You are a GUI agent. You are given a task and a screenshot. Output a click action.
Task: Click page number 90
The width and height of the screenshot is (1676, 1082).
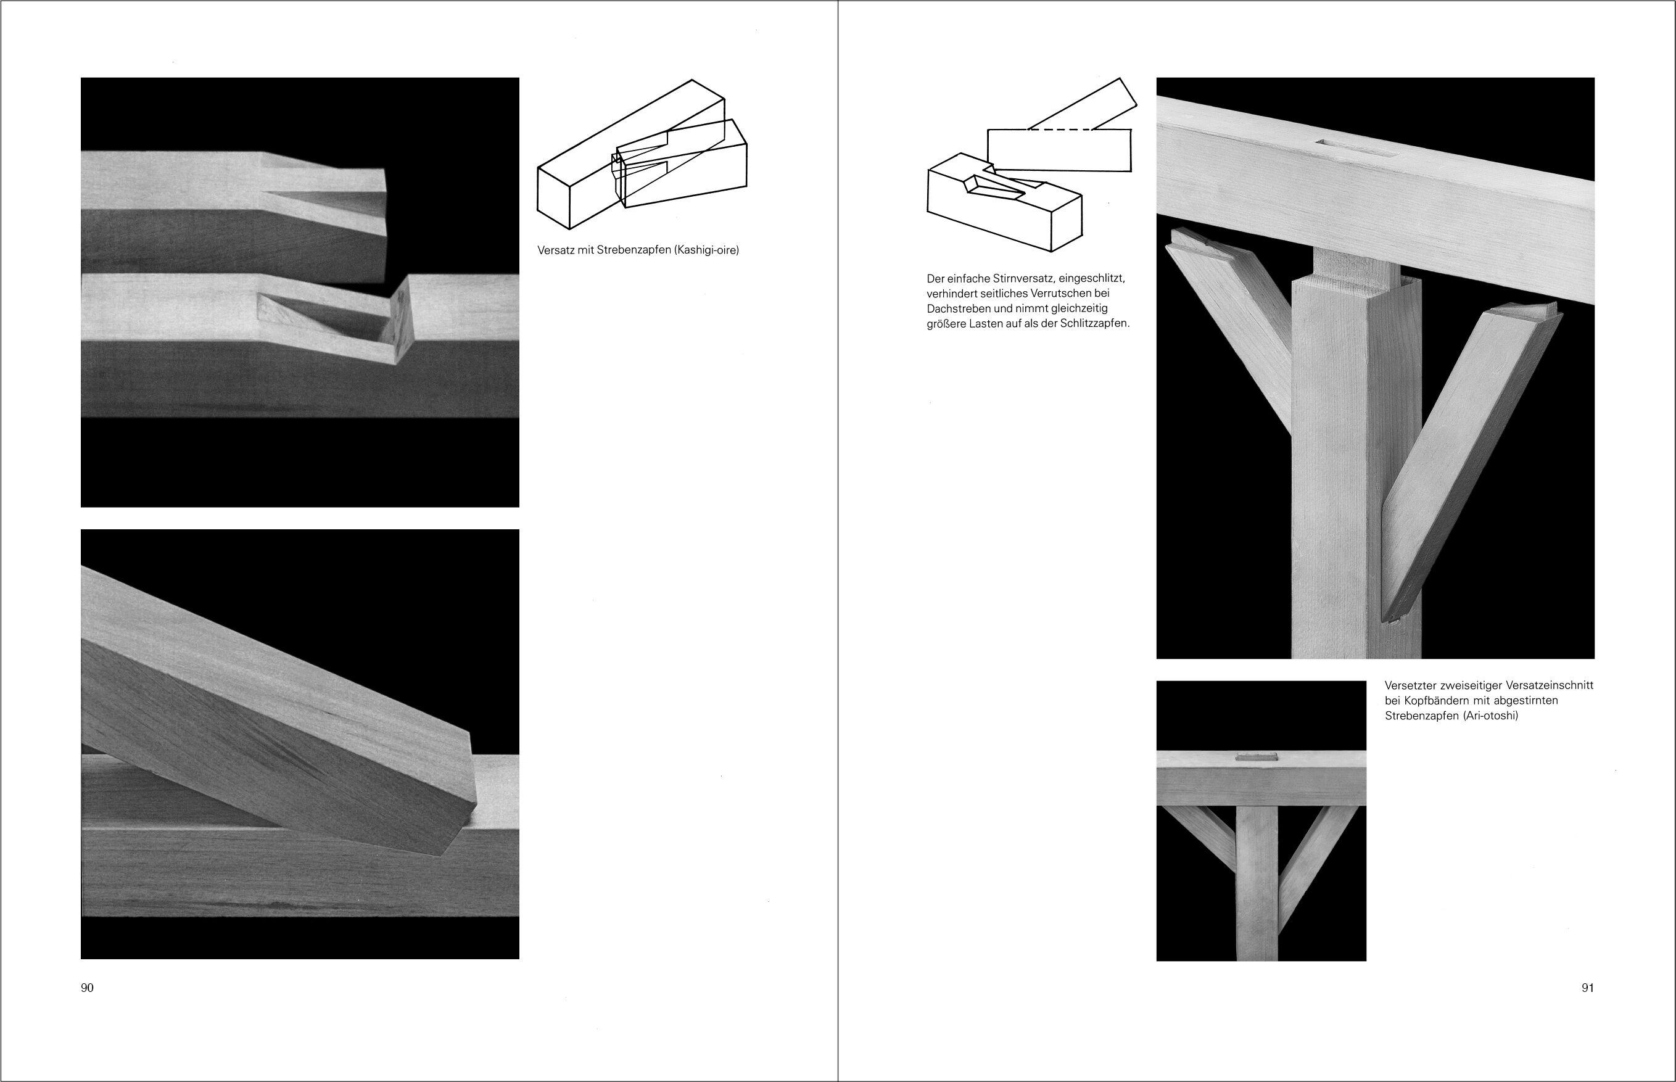(x=87, y=987)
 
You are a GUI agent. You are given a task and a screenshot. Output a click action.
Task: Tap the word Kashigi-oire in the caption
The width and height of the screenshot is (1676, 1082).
(x=706, y=249)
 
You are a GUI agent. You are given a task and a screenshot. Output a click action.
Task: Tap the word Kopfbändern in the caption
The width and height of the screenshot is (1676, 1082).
(x=1433, y=701)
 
